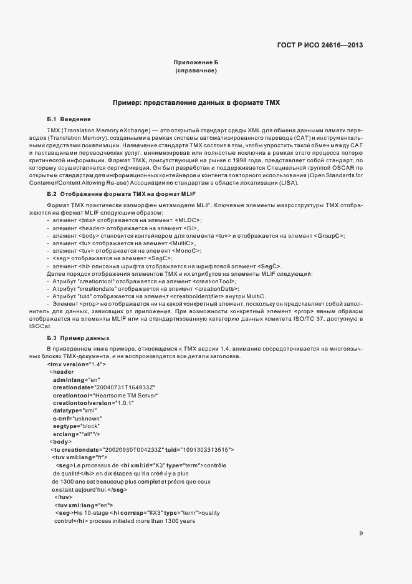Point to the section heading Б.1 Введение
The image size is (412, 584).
[69, 119]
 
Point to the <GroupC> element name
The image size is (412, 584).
[327, 236]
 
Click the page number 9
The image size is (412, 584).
[361, 533]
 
